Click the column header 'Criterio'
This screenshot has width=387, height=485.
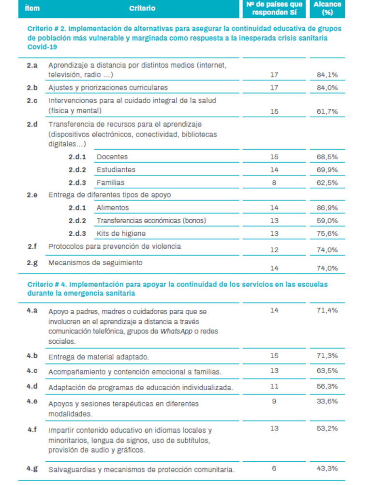142,8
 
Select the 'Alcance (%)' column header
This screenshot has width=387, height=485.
327,8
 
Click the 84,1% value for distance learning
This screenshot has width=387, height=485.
327,75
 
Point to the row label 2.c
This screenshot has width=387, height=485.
32,100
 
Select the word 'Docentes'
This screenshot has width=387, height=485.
112,157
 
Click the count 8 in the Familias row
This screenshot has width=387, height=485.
274,183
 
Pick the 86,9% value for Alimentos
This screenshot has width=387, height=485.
327,208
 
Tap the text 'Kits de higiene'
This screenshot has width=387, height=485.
120,233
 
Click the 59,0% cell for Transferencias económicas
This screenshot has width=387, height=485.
327,221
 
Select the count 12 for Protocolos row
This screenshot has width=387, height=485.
274,250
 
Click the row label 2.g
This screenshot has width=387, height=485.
32,263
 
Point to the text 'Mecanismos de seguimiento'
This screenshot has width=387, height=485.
95,263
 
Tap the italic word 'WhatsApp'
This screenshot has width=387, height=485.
176,331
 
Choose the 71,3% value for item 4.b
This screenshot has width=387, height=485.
327,356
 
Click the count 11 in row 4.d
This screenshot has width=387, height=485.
274,387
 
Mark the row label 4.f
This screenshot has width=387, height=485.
32,429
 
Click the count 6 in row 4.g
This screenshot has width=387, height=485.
274,468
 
